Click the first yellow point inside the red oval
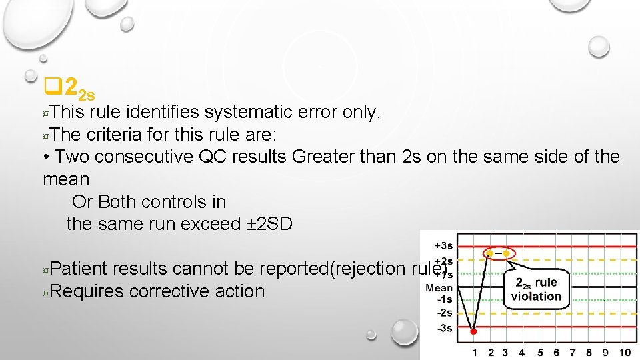pos(491,253)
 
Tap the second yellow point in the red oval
pos(506,253)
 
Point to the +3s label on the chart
pos(443,245)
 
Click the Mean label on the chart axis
pos(439,288)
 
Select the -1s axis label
pos(444,300)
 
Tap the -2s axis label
pos(444,313)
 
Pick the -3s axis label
pos(444,327)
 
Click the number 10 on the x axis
pos(624,352)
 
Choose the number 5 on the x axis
pos(540,352)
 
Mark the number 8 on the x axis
pos(589,352)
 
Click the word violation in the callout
pos(537,296)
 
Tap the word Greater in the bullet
pos(324,157)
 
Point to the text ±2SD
pos(269,224)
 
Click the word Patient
pos(78,269)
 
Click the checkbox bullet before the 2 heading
pos(52,86)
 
